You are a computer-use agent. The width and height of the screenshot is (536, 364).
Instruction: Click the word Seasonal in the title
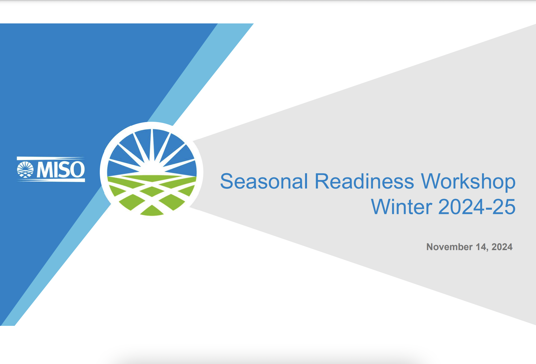[264, 181]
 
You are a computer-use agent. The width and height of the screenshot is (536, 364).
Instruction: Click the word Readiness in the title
[364, 181]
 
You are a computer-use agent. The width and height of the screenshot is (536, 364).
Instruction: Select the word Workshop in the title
[468, 181]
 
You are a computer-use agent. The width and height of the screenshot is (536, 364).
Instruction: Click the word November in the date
[449, 247]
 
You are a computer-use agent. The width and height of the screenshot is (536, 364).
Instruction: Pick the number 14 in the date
[481, 247]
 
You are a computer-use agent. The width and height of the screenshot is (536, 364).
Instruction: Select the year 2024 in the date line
[502, 247]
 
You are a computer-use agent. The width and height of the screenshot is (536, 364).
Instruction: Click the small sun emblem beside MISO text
[25, 170]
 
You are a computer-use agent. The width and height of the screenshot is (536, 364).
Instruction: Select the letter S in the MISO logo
[64, 170]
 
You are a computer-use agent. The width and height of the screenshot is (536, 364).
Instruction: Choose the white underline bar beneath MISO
[51, 180]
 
